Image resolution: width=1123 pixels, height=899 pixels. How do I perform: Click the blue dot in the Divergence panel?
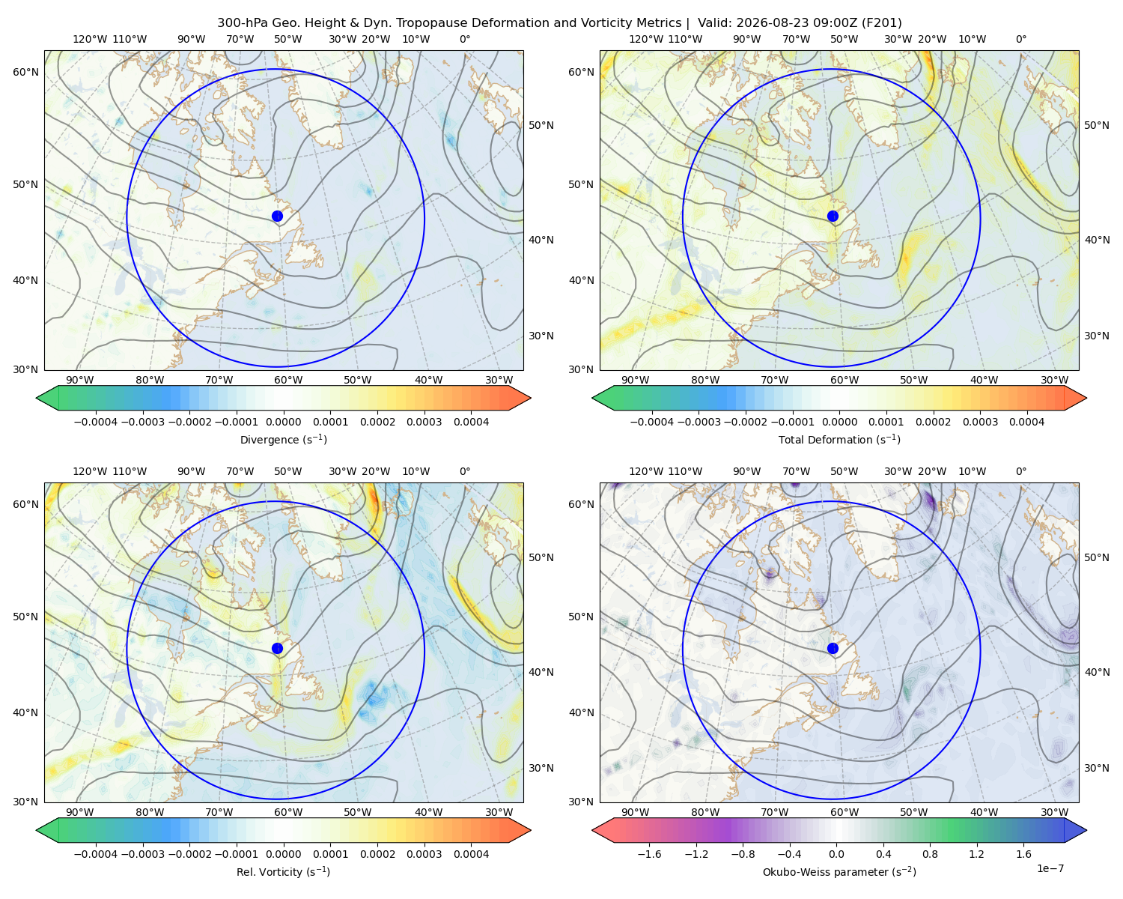pyautogui.click(x=277, y=217)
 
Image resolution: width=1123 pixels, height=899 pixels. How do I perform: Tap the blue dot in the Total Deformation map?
pyautogui.click(x=833, y=217)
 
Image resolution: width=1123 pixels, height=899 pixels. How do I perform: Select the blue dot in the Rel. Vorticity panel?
pyautogui.click(x=277, y=648)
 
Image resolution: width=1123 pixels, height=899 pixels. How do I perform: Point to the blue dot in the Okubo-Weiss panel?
pyautogui.click(x=833, y=648)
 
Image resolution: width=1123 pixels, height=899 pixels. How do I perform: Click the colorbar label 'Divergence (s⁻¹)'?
pyautogui.click(x=283, y=439)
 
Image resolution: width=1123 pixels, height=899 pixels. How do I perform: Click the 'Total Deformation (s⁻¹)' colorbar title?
pyautogui.click(x=839, y=439)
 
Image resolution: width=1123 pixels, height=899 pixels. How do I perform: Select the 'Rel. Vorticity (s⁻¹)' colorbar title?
pyautogui.click(x=283, y=872)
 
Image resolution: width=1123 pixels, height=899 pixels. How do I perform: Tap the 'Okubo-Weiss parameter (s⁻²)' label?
pyautogui.click(x=839, y=872)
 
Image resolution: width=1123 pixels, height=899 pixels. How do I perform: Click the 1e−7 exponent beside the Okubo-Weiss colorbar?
pyautogui.click(x=1050, y=868)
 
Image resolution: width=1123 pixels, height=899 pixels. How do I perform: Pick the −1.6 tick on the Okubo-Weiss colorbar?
pyautogui.click(x=649, y=854)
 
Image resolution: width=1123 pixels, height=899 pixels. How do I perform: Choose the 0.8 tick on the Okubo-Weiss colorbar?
pyautogui.click(x=930, y=854)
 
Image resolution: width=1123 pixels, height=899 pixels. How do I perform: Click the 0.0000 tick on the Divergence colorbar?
pyautogui.click(x=283, y=422)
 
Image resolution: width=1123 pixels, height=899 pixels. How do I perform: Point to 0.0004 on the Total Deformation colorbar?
pyautogui.click(x=1026, y=422)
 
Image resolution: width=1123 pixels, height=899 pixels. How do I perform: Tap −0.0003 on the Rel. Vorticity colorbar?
pyautogui.click(x=142, y=854)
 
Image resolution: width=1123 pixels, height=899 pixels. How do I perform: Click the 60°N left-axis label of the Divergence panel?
pyautogui.click(x=25, y=72)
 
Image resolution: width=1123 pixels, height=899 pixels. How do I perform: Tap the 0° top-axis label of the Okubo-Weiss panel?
pyautogui.click(x=1020, y=471)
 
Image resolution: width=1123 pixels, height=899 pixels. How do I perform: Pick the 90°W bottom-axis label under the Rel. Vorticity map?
pyautogui.click(x=80, y=812)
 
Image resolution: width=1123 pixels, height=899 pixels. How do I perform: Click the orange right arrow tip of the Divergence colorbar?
pyautogui.click(x=530, y=398)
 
